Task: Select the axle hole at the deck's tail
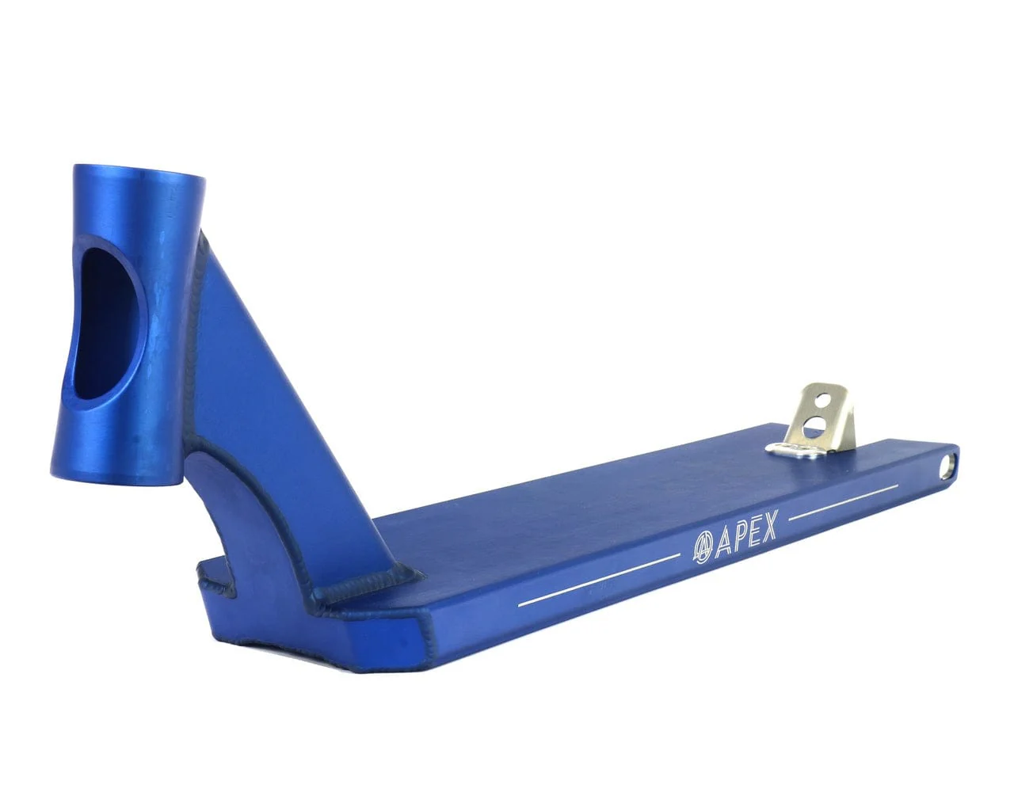point(946,468)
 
